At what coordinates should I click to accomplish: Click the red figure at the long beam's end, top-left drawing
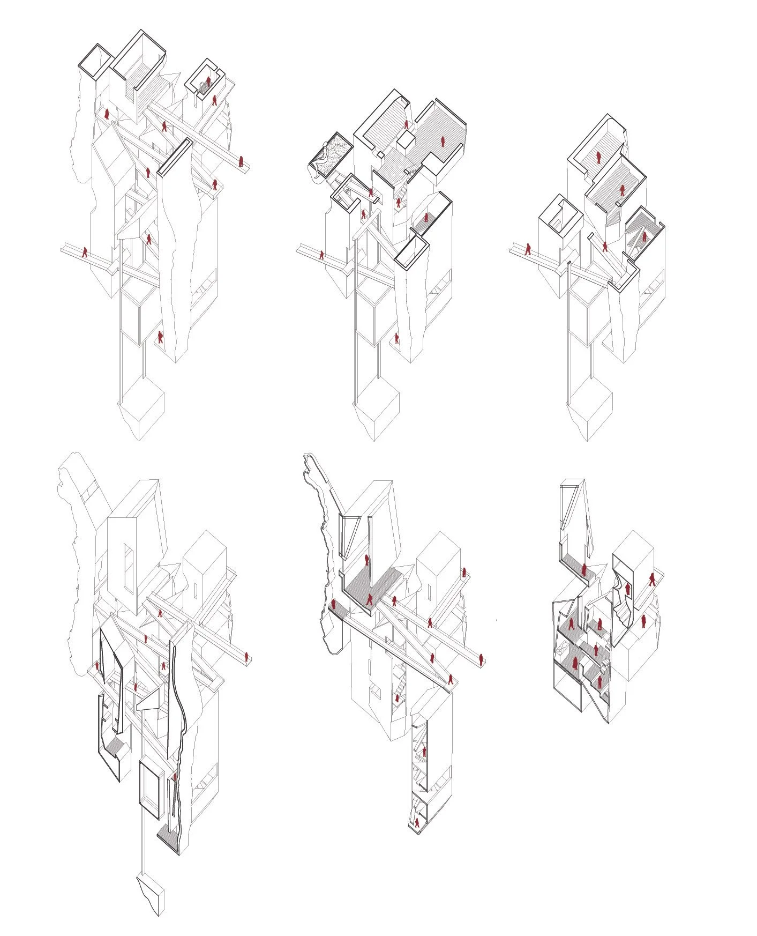[x=241, y=161]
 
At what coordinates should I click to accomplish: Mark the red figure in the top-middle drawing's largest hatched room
[x=443, y=142]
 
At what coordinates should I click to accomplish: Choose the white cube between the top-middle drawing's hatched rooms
[x=406, y=140]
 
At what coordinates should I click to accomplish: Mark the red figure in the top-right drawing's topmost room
[x=598, y=157]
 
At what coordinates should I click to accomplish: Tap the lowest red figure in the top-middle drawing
[x=397, y=338]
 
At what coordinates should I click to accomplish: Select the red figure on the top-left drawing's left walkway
[x=85, y=252]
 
